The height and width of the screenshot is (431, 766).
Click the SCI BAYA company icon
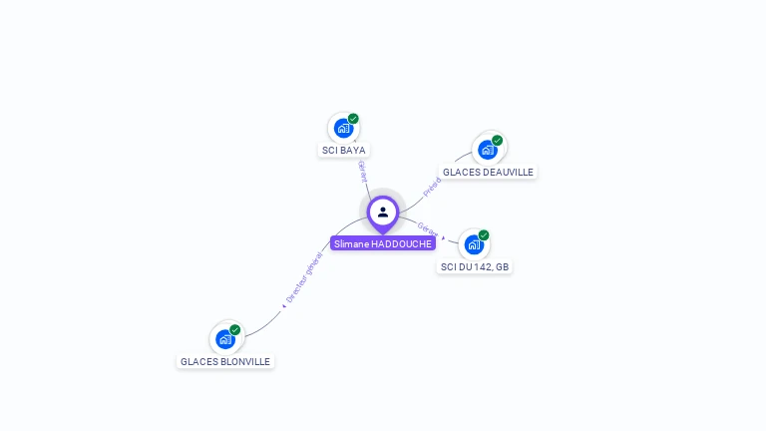point(343,129)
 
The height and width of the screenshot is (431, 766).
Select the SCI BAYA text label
point(343,151)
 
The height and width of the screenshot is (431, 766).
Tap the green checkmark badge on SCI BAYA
point(353,119)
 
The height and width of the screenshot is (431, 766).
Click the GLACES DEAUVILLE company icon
point(487,150)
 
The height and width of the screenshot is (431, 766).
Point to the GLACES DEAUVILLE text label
point(488,172)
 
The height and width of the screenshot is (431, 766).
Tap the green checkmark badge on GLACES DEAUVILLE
point(497,141)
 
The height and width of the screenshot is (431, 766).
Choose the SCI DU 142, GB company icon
point(474,244)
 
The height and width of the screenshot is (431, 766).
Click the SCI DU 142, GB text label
point(475,266)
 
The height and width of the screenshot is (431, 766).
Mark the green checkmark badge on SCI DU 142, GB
point(484,235)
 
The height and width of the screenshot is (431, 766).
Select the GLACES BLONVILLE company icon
point(225,339)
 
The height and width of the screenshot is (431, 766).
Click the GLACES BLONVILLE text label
point(225,361)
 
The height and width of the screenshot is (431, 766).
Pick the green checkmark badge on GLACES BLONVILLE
point(235,330)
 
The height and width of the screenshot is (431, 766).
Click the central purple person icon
point(383,213)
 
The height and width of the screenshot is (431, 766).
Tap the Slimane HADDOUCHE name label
point(383,243)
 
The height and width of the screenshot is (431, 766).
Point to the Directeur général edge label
point(304,278)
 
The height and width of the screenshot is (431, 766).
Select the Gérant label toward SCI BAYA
point(362,171)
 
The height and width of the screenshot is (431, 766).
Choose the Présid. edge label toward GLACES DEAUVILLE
point(432,187)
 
